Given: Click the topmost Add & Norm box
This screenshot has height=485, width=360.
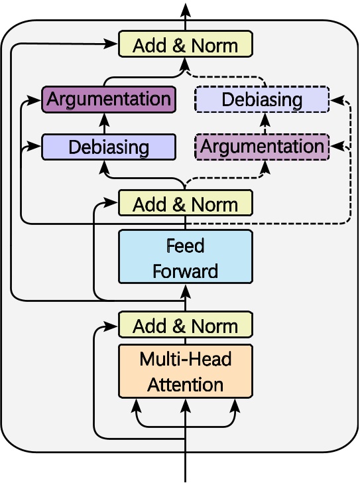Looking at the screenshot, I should click(x=185, y=45).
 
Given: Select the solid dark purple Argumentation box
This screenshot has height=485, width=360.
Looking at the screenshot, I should click(x=108, y=100).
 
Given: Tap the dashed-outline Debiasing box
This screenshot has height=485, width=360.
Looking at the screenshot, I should click(x=262, y=100).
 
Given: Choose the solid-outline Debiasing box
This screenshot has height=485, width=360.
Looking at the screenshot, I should click(x=108, y=147).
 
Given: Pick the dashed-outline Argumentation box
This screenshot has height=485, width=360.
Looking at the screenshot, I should click(x=262, y=146).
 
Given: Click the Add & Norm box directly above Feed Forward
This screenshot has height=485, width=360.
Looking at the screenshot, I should click(x=185, y=204).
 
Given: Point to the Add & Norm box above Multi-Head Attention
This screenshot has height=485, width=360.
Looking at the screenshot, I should click(x=185, y=326).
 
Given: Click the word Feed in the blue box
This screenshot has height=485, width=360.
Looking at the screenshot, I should click(x=185, y=246).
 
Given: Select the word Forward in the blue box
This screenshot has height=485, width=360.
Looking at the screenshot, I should click(x=185, y=271).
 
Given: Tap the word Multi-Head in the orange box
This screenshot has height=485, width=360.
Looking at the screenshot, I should click(x=185, y=360).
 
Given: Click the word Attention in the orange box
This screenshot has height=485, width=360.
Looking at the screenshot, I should click(x=185, y=384).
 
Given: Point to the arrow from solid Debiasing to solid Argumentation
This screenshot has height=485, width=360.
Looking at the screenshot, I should click(x=104, y=123).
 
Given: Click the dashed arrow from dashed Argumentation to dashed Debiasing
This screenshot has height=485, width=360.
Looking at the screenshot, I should click(x=265, y=123).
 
